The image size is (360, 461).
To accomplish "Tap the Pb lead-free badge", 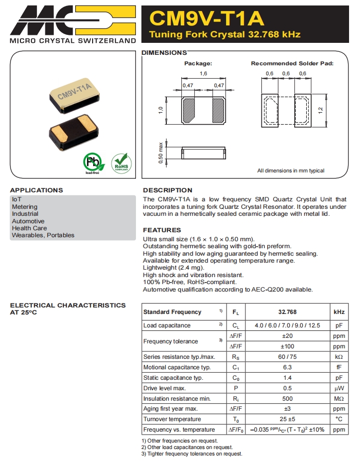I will click(x=92, y=163).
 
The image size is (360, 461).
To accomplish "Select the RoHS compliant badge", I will click(x=121, y=162).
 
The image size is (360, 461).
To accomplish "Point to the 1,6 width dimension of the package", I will click(x=203, y=74).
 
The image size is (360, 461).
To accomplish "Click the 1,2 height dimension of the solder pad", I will click(x=321, y=110).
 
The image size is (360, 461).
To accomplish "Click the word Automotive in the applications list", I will click(x=28, y=221).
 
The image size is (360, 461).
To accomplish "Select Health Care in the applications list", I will click(x=29, y=228).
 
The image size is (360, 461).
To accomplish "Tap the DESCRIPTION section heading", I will click(x=167, y=190).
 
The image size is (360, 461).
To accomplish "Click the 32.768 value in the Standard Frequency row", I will click(x=287, y=312).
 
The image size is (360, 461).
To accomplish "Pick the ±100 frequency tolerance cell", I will click(x=287, y=346).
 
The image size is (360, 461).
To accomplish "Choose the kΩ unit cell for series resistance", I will click(x=339, y=357).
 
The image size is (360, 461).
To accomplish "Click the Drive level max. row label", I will click(x=164, y=388).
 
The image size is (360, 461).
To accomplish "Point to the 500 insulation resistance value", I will click(x=287, y=399).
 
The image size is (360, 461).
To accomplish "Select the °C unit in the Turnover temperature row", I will click(x=339, y=419).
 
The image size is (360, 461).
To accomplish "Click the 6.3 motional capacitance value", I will click(x=287, y=367).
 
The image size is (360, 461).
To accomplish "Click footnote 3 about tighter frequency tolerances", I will click(x=192, y=454).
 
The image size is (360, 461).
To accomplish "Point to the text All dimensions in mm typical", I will click(x=290, y=171).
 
